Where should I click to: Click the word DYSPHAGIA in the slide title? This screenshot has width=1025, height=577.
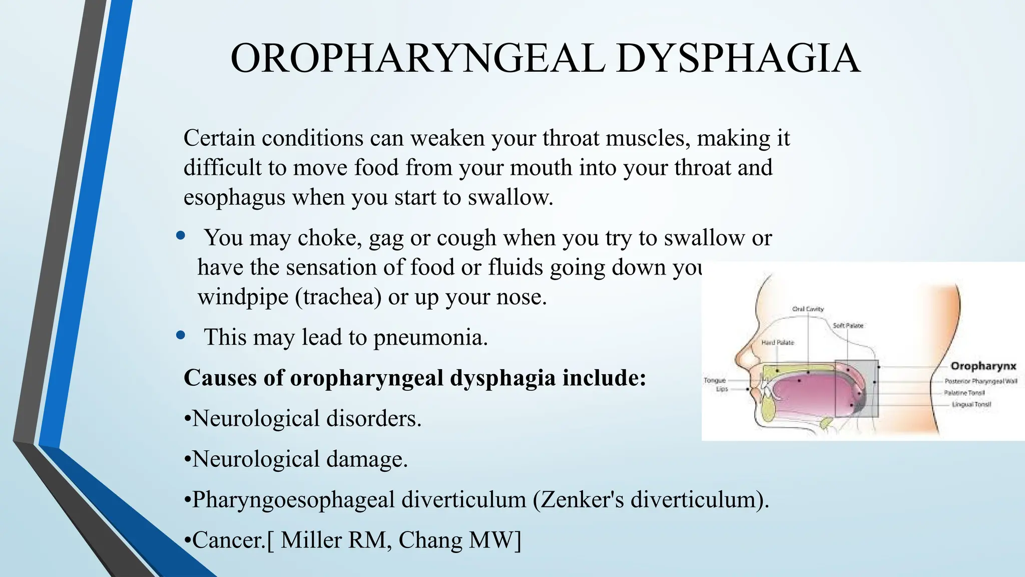pos(738,59)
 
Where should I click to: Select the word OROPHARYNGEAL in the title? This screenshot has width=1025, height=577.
pos(418,59)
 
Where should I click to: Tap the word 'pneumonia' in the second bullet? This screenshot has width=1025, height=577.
pos(430,338)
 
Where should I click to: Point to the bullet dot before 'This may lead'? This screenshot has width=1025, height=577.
pos(181,335)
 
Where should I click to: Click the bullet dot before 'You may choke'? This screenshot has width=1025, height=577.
pos(181,235)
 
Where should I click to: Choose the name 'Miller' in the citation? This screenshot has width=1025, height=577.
pos(310,540)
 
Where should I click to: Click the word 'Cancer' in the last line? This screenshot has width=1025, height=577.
pos(227,540)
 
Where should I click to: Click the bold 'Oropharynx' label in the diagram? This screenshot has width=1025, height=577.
pos(983,366)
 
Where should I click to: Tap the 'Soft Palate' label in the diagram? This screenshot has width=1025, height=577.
pos(848,326)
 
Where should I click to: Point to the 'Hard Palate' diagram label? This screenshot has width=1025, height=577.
pos(777,343)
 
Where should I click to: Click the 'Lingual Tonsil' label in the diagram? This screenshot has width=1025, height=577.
pos(971,405)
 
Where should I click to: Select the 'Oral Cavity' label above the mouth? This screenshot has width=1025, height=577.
pos(808,309)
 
